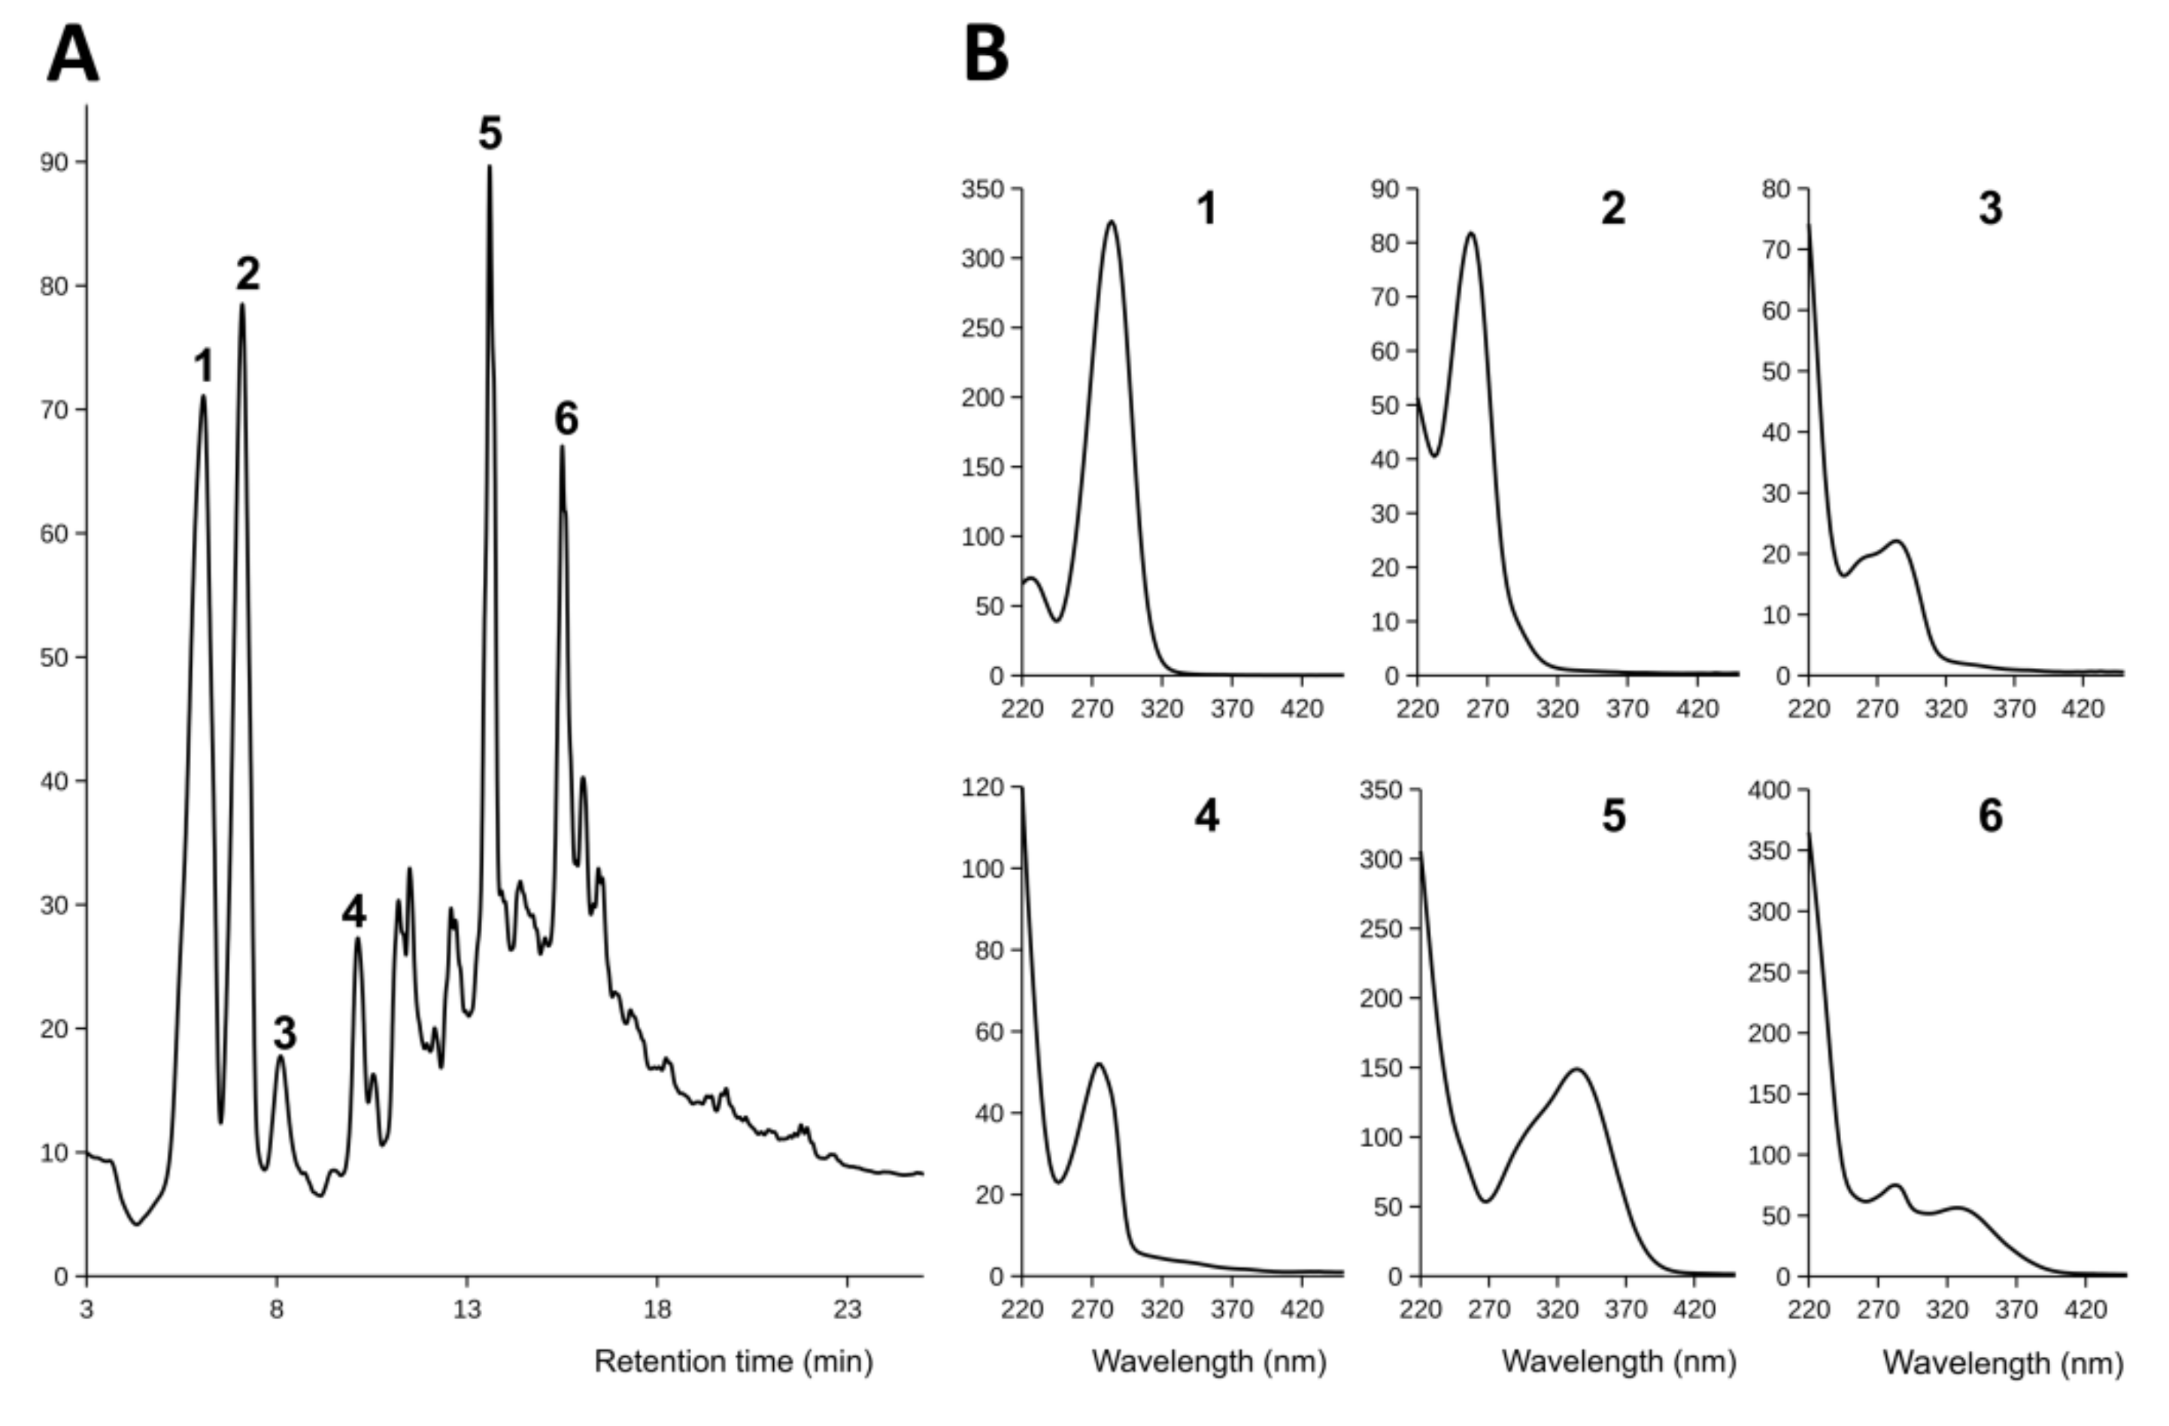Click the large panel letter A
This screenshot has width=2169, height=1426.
click(73, 55)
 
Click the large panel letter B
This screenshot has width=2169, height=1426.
click(986, 55)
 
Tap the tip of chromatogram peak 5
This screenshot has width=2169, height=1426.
click(490, 168)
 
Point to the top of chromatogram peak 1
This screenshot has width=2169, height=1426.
click(203, 397)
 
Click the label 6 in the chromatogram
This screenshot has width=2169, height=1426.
click(566, 419)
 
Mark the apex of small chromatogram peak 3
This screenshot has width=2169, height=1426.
click(281, 1057)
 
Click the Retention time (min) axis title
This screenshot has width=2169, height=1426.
click(733, 1361)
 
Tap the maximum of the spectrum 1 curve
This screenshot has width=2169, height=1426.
click(1111, 221)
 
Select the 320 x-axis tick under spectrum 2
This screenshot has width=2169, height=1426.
click(1558, 708)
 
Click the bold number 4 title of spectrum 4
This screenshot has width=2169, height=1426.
click(1206, 815)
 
